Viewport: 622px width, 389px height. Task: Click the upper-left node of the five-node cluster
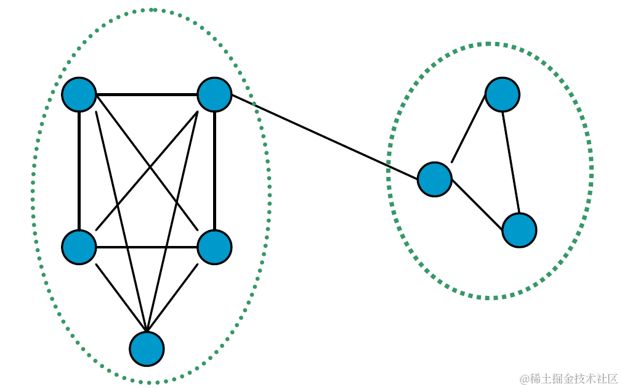[x=79, y=95]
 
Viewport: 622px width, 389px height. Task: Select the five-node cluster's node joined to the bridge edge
[x=214, y=95]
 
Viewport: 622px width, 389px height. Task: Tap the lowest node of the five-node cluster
[x=147, y=349]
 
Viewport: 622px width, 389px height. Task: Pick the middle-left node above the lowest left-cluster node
[x=79, y=247]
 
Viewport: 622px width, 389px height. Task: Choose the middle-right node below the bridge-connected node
[x=214, y=247]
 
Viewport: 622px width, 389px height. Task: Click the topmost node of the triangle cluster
[x=503, y=95]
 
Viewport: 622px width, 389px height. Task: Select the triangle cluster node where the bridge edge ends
[x=435, y=179]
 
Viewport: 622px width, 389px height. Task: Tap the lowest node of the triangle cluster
[x=519, y=230]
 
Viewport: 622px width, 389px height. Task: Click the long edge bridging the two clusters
[x=325, y=137]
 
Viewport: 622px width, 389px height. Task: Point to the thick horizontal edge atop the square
[x=147, y=95]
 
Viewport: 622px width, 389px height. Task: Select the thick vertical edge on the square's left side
[x=79, y=171]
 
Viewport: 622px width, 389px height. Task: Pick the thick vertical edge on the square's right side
[x=214, y=171]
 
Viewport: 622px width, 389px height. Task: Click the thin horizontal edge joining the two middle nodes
[x=147, y=247]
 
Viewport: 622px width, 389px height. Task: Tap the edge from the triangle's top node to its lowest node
[x=511, y=163]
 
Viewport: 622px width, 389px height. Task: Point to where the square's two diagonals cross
[x=147, y=170]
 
